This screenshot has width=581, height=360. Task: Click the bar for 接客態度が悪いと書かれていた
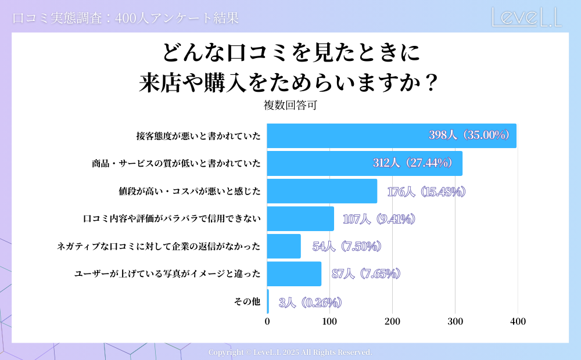click(349, 136)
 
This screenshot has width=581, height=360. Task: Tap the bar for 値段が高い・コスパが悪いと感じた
click(322, 191)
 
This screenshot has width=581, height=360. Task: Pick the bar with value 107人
click(300, 219)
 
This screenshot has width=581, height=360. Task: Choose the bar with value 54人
click(284, 246)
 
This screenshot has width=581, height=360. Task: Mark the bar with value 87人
click(294, 274)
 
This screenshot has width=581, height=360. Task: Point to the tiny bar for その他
click(268, 301)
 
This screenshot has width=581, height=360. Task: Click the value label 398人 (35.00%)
click(469, 135)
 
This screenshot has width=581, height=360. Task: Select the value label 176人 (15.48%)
click(426, 192)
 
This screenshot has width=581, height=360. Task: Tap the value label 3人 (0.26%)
click(310, 302)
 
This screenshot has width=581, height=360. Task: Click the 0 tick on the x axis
click(267, 322)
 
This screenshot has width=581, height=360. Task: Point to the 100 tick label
click(330, 322)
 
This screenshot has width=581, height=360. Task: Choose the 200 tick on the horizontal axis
click(392, 322)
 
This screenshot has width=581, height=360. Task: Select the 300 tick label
click(455, 322)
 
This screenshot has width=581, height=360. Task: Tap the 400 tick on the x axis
click(518, 322)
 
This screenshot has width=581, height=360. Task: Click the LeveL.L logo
click(526, 17)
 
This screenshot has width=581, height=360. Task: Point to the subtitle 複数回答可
click(290, 106)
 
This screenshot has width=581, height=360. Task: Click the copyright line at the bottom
click(290, 352)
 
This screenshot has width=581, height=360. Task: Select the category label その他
click(247, 301)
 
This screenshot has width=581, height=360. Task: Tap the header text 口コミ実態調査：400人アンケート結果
click(125, 18)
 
